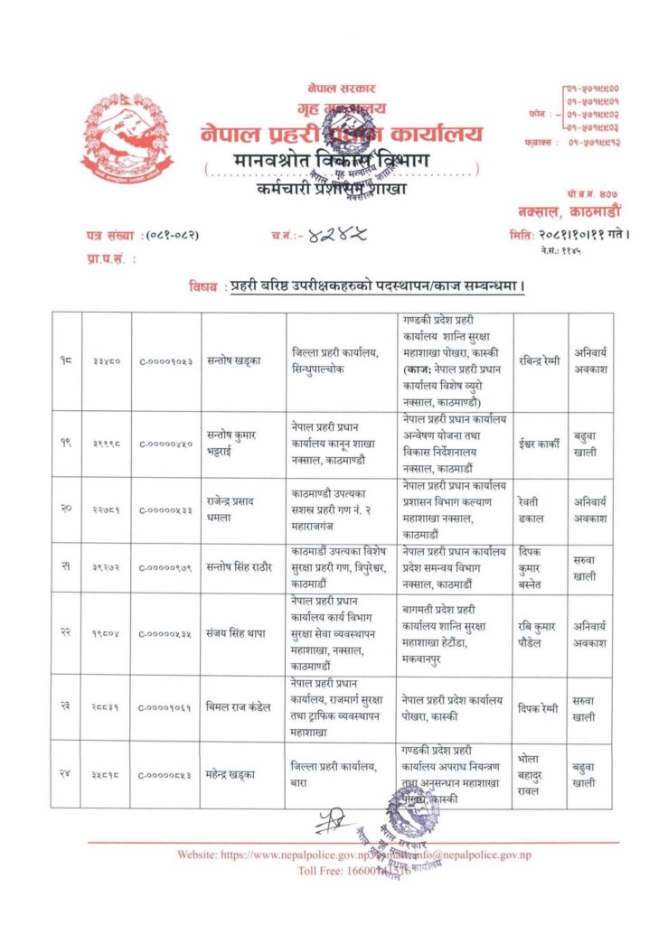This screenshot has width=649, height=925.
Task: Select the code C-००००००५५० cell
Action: pyautogui.click(x=165, y=444)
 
